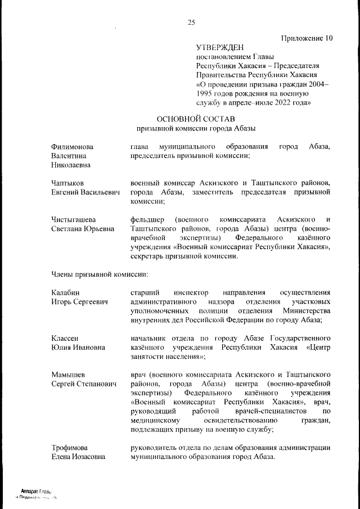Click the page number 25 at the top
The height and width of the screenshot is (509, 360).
coord(191,22)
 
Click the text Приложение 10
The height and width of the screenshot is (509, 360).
coord(307,38)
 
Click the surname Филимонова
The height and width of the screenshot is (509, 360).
coord(73,147)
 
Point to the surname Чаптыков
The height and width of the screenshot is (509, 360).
coord(67,183)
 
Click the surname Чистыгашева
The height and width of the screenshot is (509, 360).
coord(73,219)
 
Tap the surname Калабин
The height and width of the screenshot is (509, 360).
coord(65,292)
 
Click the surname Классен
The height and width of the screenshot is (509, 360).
coord(65,338)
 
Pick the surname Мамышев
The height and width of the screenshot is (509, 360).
coord(67,375)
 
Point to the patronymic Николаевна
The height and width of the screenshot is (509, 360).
coord(70,165)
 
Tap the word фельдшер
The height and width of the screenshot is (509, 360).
coord(146,219)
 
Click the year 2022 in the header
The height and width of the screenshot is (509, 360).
coord(272,103)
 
